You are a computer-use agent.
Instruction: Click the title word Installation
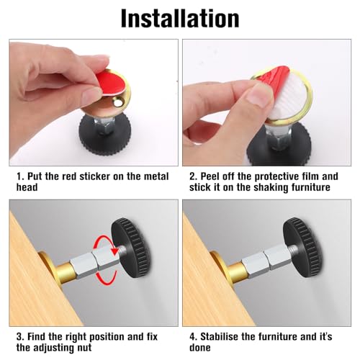pyautogui.click(x=179, y=17)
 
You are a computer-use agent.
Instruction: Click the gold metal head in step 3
pyautogui.click(x=48, y=274)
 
